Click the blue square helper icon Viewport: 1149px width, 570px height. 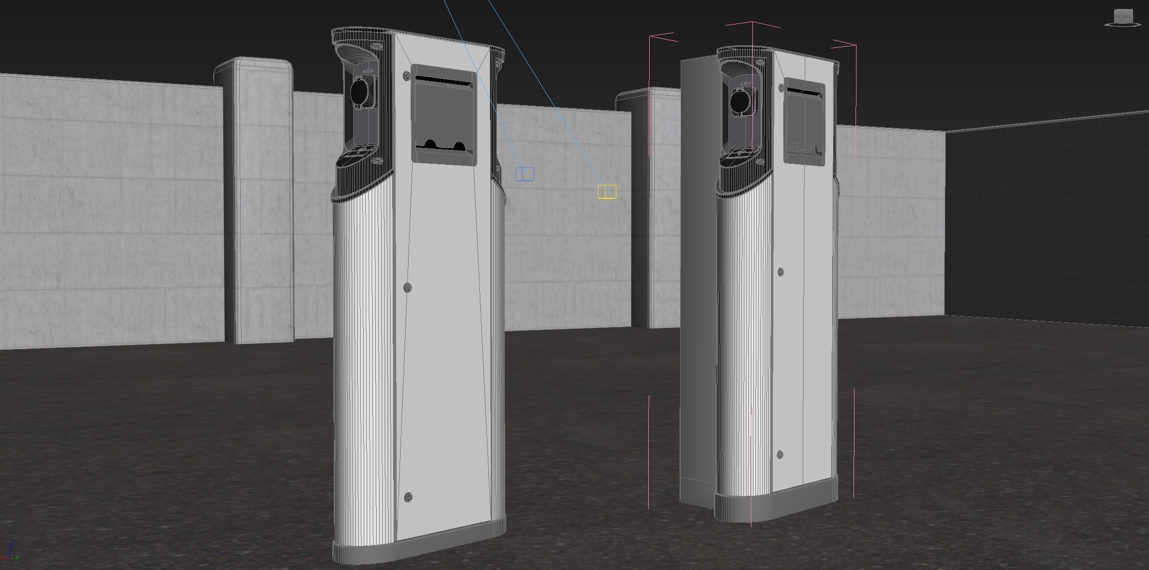click(x=525, y=174)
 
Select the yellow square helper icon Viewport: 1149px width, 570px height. click(x=607, y=191)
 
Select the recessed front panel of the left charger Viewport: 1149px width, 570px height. click(x=443, y=115)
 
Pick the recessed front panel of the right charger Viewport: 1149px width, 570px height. click(x=804, y=120)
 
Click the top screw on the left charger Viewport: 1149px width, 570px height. click(x=407, y=76)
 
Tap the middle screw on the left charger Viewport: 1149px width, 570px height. click(x=408, y=287)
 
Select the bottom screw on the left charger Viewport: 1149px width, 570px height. click(x=409, y=496)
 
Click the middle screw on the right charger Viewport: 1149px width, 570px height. click(x=781, y=272)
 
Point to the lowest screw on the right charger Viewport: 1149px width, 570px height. click(x=780, y=454)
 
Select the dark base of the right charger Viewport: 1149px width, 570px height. click(x=777, y=507)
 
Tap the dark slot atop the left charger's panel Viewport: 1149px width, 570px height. click(x=443, y=80)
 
